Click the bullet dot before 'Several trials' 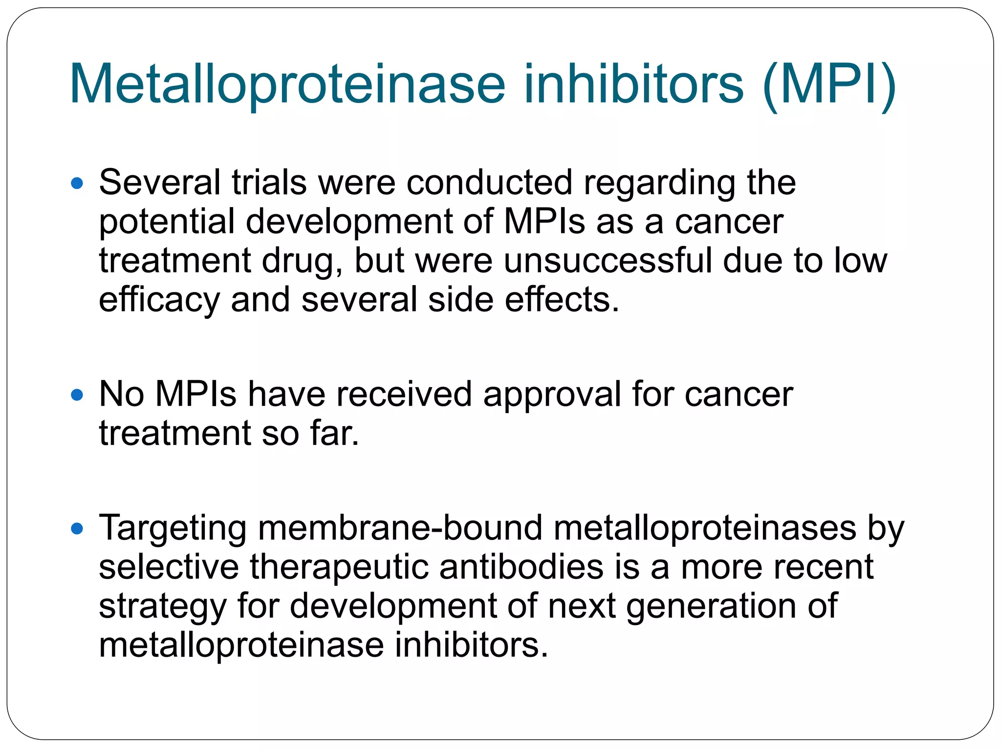point(77,184)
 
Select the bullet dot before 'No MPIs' point(77,395)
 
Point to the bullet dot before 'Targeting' point(77,528)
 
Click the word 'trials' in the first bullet point(269,183)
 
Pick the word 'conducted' point(489,183)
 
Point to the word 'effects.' point(562,300)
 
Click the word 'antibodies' point(521,567)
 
